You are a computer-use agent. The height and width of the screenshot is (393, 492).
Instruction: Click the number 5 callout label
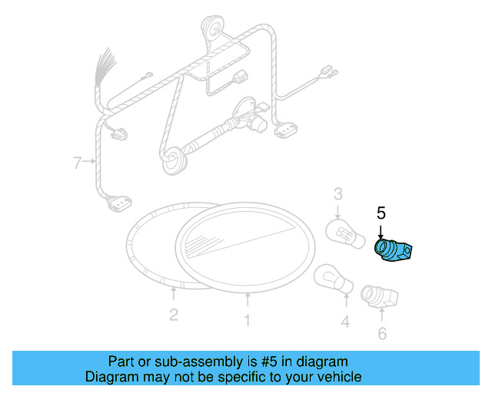(380, 213)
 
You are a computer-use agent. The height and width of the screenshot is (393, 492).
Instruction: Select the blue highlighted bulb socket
(393, 251)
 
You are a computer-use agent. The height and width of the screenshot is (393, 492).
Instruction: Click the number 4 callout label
(345, 322)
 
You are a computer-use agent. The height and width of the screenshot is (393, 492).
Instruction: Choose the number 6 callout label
(382, 333)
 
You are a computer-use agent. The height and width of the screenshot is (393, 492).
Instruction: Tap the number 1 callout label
(247, 322)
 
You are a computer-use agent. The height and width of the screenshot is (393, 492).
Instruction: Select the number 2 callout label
(174, 314)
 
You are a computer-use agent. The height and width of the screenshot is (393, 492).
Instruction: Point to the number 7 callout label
(77, 162)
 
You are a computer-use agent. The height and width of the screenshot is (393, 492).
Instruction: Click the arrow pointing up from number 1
(247, 300)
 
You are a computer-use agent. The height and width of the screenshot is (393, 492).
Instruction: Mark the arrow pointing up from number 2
(174, 292)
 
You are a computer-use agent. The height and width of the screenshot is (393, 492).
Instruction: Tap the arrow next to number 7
(89, 162)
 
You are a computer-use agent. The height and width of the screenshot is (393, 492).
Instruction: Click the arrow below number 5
(380, 231)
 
